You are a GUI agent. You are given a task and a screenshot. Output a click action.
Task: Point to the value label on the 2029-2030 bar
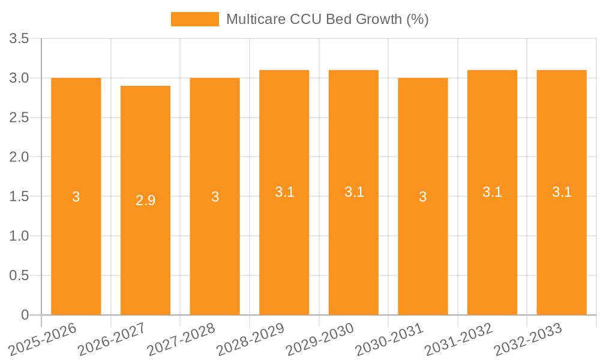pos(354,193)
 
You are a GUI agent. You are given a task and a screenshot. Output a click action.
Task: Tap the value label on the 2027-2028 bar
pos(215,197)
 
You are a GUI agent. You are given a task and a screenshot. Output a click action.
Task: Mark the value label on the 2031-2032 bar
pos(493,193)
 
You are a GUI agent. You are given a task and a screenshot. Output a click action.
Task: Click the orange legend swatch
pos(194,19)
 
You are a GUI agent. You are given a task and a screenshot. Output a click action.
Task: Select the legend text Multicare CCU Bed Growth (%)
pos(327,19)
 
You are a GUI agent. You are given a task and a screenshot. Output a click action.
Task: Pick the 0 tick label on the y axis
pos(25,315)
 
